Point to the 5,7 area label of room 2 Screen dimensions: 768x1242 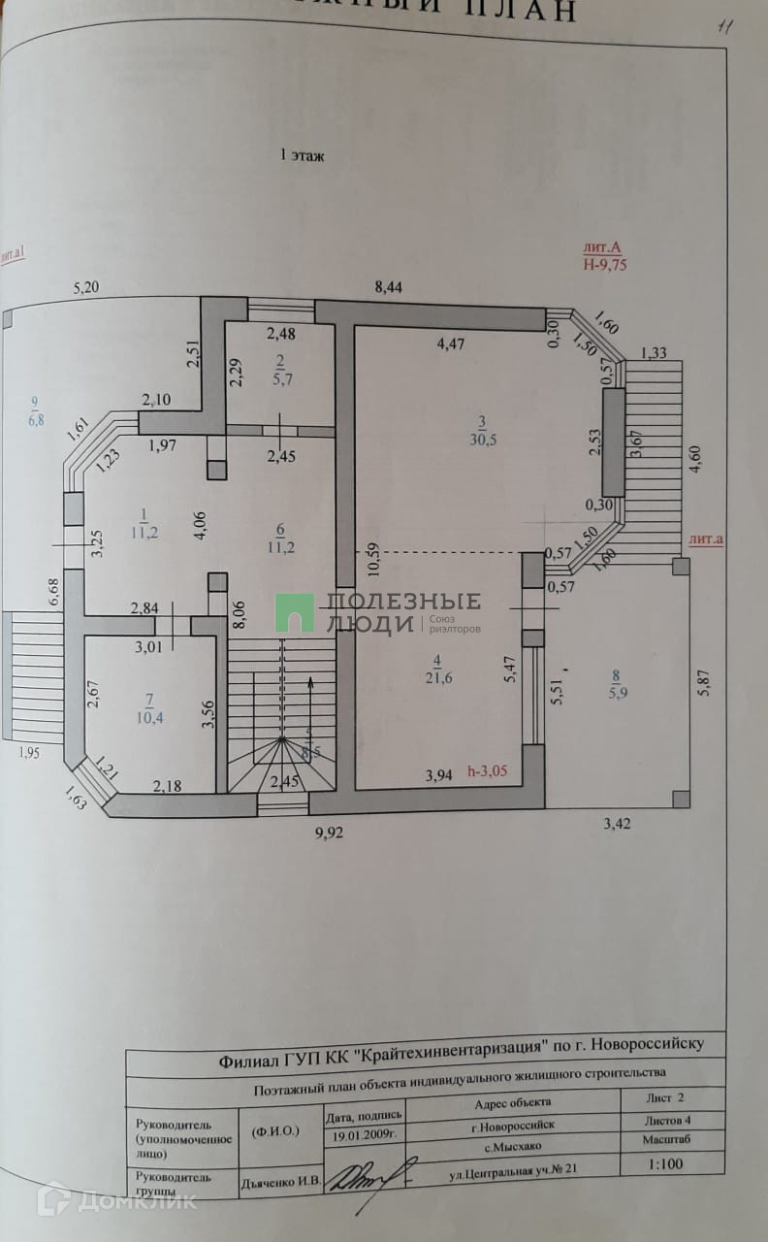280,378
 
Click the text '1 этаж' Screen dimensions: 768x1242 302,155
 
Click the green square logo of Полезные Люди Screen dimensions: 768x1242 294,612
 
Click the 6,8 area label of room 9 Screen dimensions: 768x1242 36,420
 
